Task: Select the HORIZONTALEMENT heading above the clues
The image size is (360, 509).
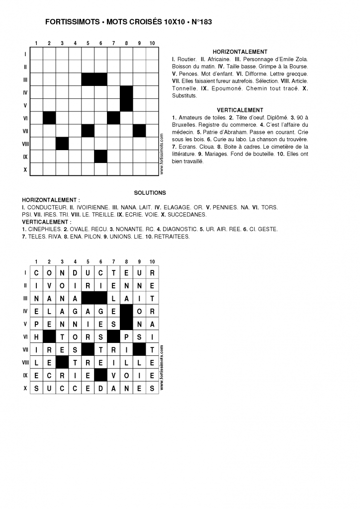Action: point(240,52)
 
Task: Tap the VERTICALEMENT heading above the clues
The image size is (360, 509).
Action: point(240,110)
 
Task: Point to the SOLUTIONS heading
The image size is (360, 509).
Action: point(150,192)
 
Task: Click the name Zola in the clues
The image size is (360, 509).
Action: point(301,59)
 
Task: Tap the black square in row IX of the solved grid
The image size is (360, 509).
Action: point(100,376)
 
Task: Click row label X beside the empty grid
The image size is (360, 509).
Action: point(25,170)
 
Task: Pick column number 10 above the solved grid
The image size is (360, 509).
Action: point(152,261)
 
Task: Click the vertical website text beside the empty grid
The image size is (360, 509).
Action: point(162,155)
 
